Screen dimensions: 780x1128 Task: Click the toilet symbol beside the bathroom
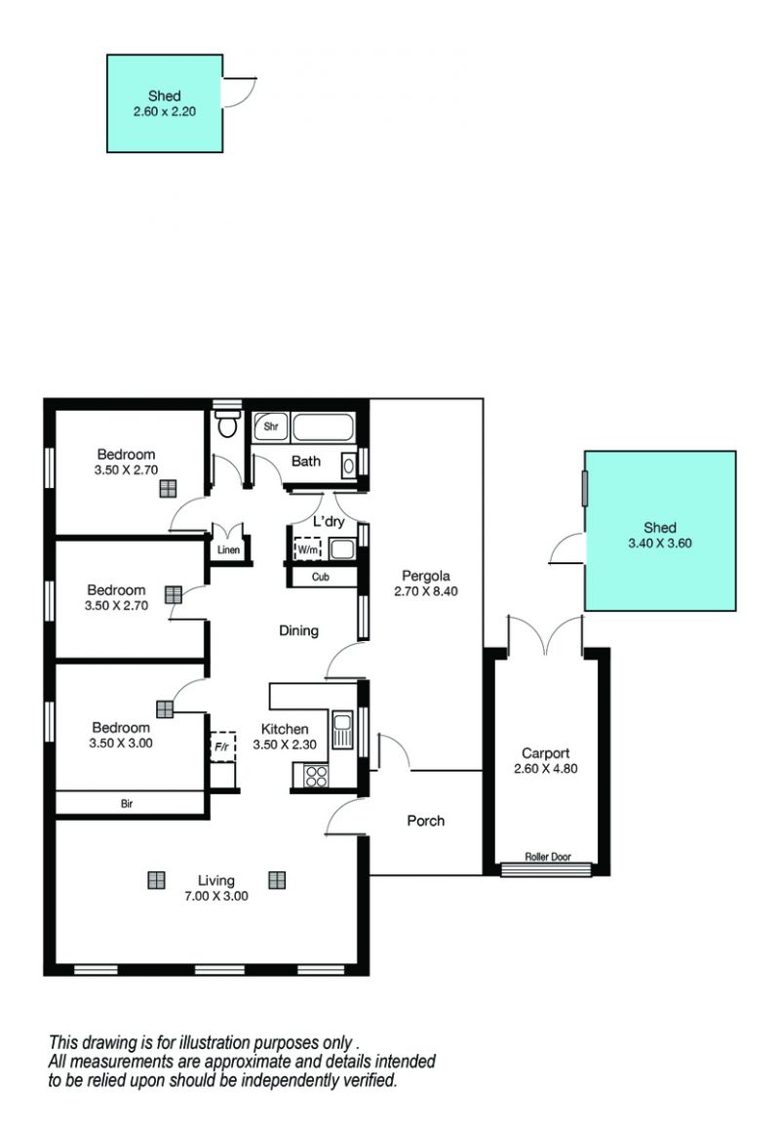(x=227, y=423)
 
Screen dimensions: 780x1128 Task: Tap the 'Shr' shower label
(x=271, y=426)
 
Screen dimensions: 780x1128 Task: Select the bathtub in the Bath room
(x=324, y=427)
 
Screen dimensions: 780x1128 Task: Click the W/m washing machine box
(x=308, y=549)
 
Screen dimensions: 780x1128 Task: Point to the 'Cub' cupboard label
(x=321, y=577)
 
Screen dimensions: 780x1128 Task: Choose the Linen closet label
(x=228, y=550)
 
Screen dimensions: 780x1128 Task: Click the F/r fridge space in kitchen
(x=223, y=746)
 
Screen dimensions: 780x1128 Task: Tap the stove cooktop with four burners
(x=316, y=776)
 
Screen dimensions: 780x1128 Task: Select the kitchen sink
(x=342, y=730)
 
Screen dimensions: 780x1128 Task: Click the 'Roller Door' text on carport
(x=548, y=857)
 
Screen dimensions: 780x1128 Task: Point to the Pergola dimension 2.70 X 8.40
(x=425, y=591)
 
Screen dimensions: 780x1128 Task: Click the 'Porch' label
(x=425, y=821)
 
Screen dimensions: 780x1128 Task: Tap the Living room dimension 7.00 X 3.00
(x=216, y=897)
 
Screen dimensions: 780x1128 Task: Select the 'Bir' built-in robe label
(x=127, y=804)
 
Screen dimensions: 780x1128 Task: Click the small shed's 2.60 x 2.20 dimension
(x=165, y=111)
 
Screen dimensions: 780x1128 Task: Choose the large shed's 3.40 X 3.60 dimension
(x=660, y=544)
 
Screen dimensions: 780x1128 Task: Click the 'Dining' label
(x=299, y=631)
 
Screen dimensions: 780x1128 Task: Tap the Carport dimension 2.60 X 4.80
(x=546, y=768)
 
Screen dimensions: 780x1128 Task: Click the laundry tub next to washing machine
(x=342, y=549)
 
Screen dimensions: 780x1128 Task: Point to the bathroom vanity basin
(x=348, y=465)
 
